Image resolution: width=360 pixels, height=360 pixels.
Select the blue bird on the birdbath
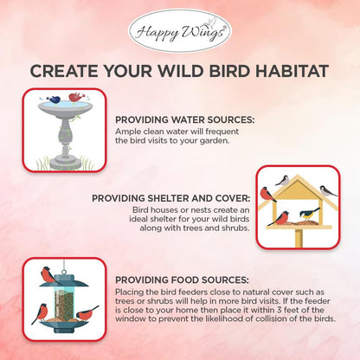pyautogui.click(x=56, y=100)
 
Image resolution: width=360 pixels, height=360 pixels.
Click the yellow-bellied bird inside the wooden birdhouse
pyautogui.click(x=308, y=214)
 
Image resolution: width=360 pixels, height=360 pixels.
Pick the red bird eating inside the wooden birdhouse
pyautogui.click(x=280, y=218)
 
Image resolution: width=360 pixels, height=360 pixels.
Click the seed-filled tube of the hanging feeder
pyautogui.click(x=63, y=303)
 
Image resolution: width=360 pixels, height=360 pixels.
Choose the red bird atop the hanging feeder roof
pyautogui.click(x=51, y=275)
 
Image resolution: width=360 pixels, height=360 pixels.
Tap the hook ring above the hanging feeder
pyautogui.click(x=63, y=262)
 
